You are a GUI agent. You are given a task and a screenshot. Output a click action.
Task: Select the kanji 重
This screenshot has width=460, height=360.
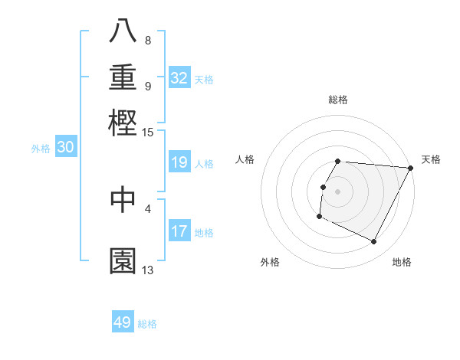coord(123,77)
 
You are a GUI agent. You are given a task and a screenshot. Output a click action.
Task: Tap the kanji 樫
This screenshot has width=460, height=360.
coord(123,123)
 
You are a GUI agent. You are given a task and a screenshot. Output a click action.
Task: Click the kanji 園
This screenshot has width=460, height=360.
coord(123,260)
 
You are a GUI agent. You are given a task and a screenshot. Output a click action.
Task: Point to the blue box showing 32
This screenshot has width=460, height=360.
coord(179,78)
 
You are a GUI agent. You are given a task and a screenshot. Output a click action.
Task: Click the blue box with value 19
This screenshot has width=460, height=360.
coord(179,162)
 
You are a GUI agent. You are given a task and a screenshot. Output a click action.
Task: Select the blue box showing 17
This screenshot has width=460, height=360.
coord(179,231)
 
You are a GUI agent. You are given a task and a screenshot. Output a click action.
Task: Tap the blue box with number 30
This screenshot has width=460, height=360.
coord(66,148)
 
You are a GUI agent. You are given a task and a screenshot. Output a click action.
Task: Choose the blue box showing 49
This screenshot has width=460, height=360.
coord(123,322)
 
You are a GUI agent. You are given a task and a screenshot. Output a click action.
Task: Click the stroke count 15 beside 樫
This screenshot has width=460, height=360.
coord(148,133)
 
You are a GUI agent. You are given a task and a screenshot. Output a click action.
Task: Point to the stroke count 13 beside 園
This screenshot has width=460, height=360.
coord(148,270)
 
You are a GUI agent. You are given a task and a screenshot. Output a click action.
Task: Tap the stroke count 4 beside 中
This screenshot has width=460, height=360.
coord(148,207)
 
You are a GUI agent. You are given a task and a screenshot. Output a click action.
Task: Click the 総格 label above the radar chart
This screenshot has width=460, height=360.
coord(338,100)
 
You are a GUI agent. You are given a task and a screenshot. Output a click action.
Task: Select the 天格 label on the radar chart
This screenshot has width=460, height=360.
coord(431,159)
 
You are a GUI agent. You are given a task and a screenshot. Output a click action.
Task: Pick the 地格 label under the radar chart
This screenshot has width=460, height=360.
coord(402,262)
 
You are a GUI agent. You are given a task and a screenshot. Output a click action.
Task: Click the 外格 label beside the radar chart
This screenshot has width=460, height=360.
coord(270,262)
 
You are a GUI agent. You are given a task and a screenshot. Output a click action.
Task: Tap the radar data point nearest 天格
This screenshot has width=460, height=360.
coord(411,168)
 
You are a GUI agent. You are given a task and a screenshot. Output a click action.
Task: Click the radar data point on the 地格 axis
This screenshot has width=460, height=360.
coord(374,242)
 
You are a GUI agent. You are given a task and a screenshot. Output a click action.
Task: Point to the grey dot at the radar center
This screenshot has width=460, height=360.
coord(338,191)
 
